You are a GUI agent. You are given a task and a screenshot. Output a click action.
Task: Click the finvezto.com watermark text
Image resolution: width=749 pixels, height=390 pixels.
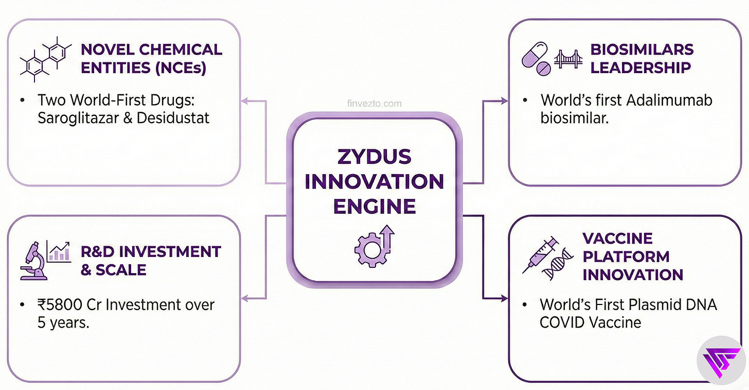tap(373, 104)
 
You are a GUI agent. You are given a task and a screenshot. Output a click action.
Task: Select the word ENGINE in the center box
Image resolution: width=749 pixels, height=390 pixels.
tap(374, 206)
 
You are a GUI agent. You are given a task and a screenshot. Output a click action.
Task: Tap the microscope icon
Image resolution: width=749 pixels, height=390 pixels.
tap(33, 261)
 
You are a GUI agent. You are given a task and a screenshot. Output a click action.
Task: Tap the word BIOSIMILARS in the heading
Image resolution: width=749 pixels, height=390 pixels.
tap(641, 50)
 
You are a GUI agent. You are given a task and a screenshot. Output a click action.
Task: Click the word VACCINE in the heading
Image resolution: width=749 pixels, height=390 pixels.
tap(617, 239)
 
